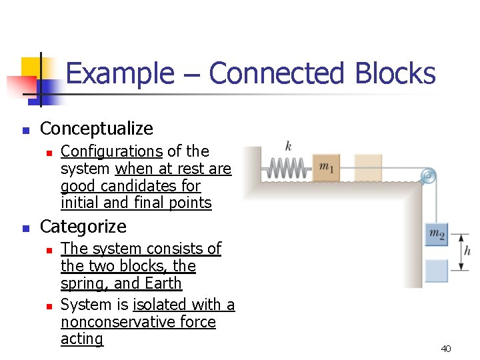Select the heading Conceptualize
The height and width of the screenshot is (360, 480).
point(97,129)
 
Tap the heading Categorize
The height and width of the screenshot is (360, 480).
point(83,227)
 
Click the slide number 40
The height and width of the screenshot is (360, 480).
point(446,349)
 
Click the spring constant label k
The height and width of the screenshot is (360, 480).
point(288,146)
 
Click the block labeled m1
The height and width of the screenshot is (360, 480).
point(327,167)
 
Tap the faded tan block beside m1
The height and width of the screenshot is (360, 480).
point(368,167)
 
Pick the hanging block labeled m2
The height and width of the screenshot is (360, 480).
point(437,234)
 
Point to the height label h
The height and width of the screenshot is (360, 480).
point(467,251)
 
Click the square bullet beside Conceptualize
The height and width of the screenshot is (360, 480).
point(25,129)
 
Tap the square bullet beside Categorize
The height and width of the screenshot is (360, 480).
point(25,227)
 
